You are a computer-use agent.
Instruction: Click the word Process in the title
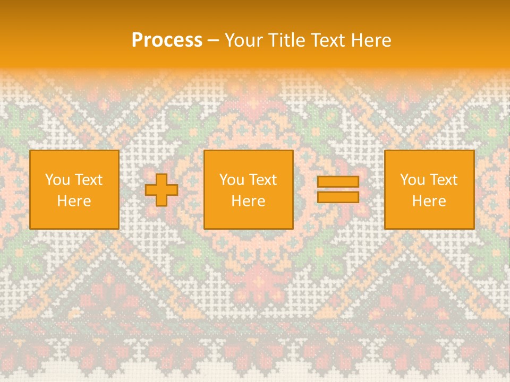tap(167, 40)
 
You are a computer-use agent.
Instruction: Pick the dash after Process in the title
tap(213, 41)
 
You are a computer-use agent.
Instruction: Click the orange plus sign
tap(161, 190)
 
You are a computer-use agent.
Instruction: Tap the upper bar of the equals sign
tap(338, 181)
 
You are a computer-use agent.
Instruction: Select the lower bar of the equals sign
tap(338, 197)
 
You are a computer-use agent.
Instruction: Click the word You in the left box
tap(57, 180)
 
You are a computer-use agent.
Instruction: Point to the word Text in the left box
tap(88, 180)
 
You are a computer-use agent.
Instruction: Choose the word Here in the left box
tap(74, 201)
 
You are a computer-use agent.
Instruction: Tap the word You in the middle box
tap(232, 180)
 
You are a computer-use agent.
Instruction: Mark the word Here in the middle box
tap(248, 201)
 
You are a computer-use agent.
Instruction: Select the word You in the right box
tap(412, 180)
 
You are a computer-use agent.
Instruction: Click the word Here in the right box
tap(429, 201)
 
